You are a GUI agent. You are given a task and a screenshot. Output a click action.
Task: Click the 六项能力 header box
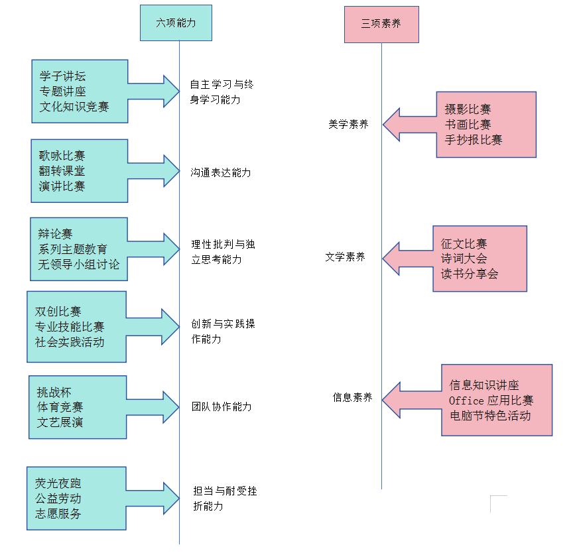tap(176, 23)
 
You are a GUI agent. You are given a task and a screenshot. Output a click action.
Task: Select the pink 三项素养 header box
tap(381, 24)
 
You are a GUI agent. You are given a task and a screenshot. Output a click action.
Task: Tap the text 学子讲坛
tap(62, 76)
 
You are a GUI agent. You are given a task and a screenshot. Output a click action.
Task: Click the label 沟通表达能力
tap(221, 172)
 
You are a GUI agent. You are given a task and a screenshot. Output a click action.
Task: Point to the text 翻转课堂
tap(62, 171)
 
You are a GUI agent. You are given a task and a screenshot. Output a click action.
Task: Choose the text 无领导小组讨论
tap(79, 265)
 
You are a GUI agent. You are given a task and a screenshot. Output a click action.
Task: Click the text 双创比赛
tap(58, 311)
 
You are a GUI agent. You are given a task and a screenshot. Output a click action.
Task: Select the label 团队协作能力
tap(222, 406)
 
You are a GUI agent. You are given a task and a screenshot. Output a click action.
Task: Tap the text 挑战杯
tap(54, 391)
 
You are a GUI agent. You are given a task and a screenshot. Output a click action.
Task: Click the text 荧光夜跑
tap(58, 483)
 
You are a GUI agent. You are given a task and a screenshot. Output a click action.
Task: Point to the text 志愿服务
tap(58, 513)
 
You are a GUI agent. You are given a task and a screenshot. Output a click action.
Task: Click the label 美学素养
tap(348, 123)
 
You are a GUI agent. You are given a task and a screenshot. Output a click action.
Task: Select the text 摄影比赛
tap(468, 109)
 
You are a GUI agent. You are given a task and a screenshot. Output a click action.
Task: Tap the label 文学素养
tap(345, 257)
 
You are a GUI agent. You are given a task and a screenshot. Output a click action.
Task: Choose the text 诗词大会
tap(464, 259)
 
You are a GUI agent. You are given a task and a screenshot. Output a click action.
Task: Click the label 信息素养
tap(352, 398)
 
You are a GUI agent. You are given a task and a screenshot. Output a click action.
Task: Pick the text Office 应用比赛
tap(491, 401)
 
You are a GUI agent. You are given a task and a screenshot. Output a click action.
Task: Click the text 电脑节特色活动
tap(489, 416)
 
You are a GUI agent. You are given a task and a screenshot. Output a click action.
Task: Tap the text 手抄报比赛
tap(474, 139)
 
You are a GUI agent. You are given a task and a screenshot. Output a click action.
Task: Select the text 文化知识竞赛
tap(74, 107)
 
